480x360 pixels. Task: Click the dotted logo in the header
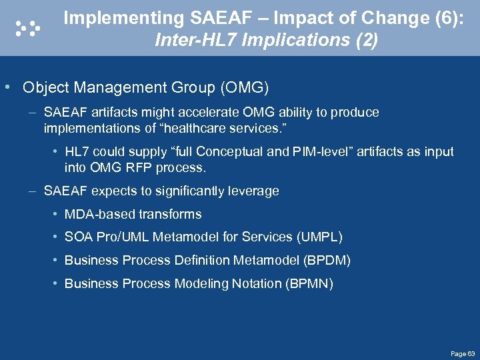(27, 27)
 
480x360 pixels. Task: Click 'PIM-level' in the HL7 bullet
(322, 151)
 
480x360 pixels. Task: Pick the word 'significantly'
(190, 191)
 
